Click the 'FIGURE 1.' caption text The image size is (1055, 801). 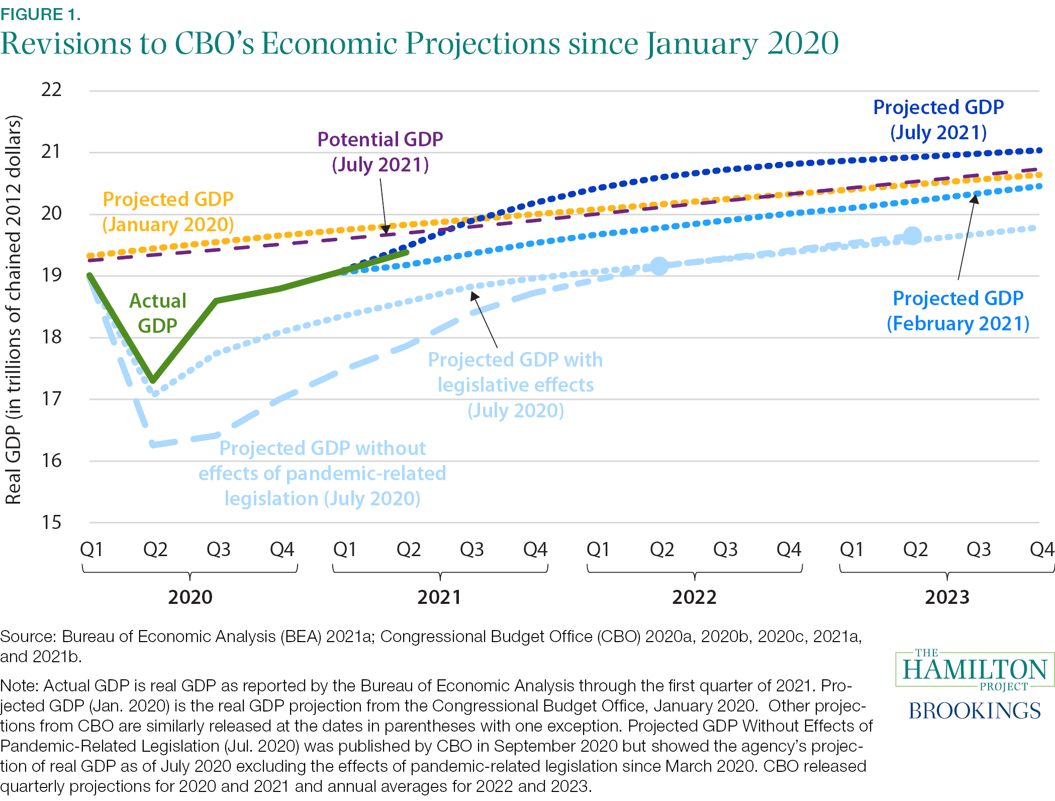coord(41,15)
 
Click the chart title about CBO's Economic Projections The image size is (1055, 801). coord(419,44)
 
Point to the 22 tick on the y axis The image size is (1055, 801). coord(51,90)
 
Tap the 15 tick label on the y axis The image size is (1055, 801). coord(51,523)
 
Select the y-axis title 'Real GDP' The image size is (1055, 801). coord(14,309)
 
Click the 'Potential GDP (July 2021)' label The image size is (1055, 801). coord(380,152)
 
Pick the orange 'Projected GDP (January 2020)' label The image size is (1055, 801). coord(168,212)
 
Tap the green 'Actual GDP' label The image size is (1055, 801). coord(158,313)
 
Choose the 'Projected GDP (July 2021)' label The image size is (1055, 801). coord(938,120)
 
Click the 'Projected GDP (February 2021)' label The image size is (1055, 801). coord(958,311)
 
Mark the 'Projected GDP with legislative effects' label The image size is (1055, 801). coord(515,385)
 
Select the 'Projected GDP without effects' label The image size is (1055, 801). coord(322,473)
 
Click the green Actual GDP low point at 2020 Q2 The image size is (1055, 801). coord(153,380)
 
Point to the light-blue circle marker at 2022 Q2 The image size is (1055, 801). coord(659,265)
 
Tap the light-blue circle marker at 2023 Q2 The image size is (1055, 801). coord(913,235)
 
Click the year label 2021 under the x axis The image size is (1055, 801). coord(439,597)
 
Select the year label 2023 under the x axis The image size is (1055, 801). coord(947,597)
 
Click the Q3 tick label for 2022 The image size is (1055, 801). coord(725,550)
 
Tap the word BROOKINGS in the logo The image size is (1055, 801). coord(975,711)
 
